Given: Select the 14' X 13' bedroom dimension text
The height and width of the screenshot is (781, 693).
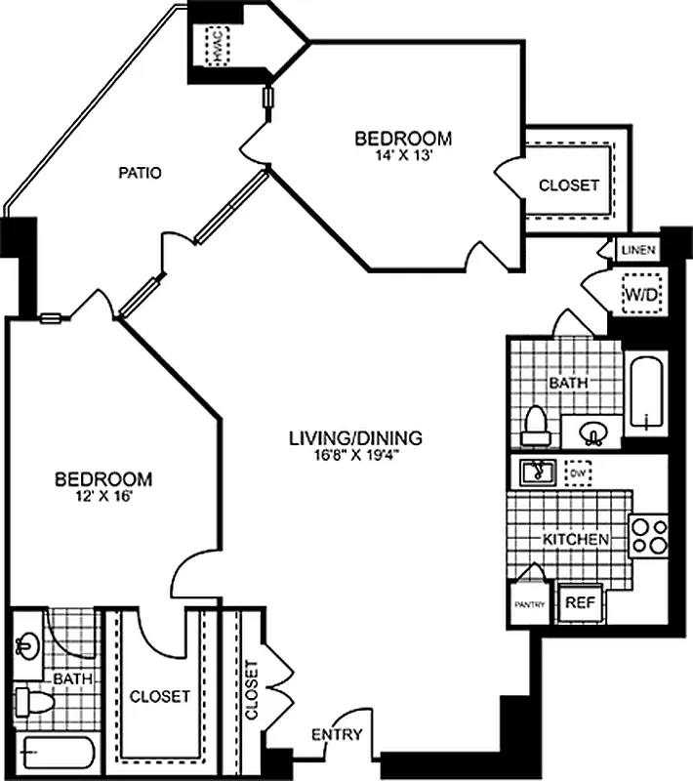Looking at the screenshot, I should tap(402, 155).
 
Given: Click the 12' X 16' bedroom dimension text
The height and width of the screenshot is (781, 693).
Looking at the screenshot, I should tap(102, 496).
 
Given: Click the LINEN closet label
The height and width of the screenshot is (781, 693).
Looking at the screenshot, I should tap(639, 251).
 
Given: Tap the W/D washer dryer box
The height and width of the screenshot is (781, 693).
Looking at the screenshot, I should tap(639, 291).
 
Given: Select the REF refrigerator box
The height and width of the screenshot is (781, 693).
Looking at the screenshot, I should tap(580, 602).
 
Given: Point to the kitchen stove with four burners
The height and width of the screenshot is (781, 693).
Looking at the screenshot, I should tap(648, 535).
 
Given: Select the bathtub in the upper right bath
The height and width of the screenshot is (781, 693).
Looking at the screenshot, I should tap(645, 395).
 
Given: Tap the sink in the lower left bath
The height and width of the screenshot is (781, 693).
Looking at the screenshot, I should tap(26, 645).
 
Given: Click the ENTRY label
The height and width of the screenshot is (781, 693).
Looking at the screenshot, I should tap(337, 734).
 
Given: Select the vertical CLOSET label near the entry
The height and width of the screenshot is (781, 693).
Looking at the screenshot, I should tap(253, 691).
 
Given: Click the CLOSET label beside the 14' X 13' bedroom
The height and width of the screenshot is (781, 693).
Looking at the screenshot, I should tap(569, 185).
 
